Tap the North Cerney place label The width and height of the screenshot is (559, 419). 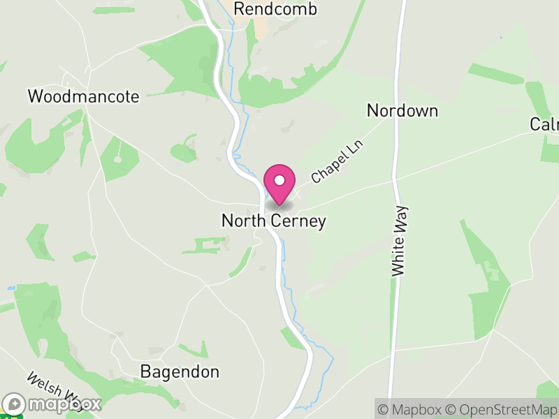(274, 221)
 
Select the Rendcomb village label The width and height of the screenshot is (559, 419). (275, 9)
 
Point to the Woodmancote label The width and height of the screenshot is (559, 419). (83, 96)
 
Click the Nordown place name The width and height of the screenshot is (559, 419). (402, 110)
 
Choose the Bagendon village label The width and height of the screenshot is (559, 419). (180, 372)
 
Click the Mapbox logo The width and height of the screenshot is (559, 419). (53, 404)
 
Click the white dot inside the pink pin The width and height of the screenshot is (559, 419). (279, 180)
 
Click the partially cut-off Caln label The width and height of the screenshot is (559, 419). (544, 124)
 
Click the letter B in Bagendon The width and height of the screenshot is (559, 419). (145, 372)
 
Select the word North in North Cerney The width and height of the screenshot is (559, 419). (242, 221)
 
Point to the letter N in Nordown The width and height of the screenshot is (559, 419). (372, 110)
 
